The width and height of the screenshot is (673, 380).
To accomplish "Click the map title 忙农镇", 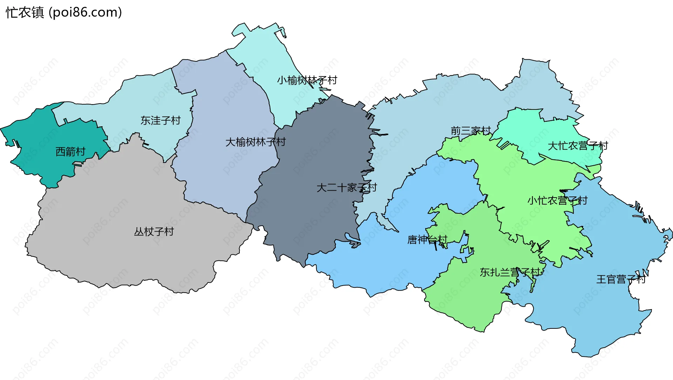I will pos(25,12).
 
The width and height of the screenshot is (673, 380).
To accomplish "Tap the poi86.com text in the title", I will pos(85,12).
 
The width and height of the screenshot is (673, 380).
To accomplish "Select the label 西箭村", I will pos(70,152).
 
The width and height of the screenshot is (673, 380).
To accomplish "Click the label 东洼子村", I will pos(161,120).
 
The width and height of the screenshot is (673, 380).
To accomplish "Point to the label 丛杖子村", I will pos(154,232).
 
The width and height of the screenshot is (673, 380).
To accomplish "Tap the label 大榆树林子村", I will pos(256,142).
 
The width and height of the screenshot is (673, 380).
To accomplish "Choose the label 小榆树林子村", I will pos(307,80).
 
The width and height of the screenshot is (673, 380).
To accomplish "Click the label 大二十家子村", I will pos(347,188).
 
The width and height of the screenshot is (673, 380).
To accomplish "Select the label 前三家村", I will pos(471,131).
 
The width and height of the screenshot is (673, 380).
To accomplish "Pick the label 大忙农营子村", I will pos(578,146).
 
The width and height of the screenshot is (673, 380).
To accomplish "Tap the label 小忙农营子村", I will pos(557,201).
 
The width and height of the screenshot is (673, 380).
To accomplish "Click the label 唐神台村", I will pos(427,240).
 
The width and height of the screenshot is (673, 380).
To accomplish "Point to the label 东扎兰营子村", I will pos(510,272).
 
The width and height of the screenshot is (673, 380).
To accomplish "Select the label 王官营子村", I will pos(621,279).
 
